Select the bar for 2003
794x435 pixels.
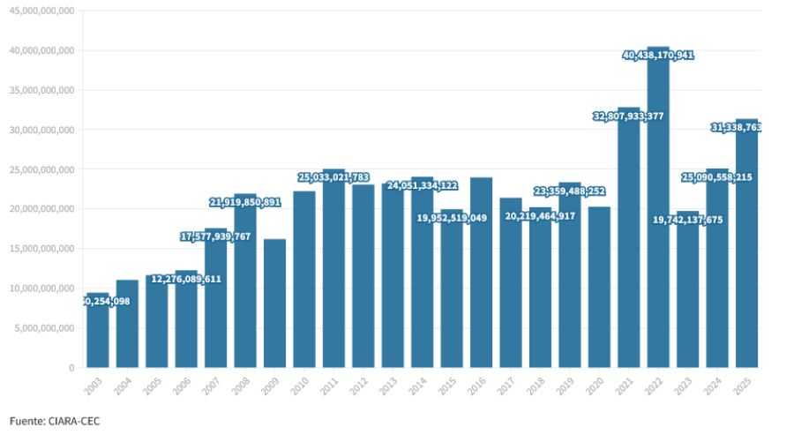pos(98,335)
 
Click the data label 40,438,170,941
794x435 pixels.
pos(658,55)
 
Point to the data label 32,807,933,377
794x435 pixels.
pos(628,116)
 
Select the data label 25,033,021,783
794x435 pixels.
pos(333,177)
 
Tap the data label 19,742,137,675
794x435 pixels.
pos(687,220)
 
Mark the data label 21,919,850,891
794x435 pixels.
pos(245,202)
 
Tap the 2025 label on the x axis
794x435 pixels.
pos(746,385)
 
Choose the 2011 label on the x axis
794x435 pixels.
pos(333,385)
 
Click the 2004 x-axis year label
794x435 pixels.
pos(127,385)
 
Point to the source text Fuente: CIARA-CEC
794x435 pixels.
pos(55,421)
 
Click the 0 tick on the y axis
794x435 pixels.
pos(71,368)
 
